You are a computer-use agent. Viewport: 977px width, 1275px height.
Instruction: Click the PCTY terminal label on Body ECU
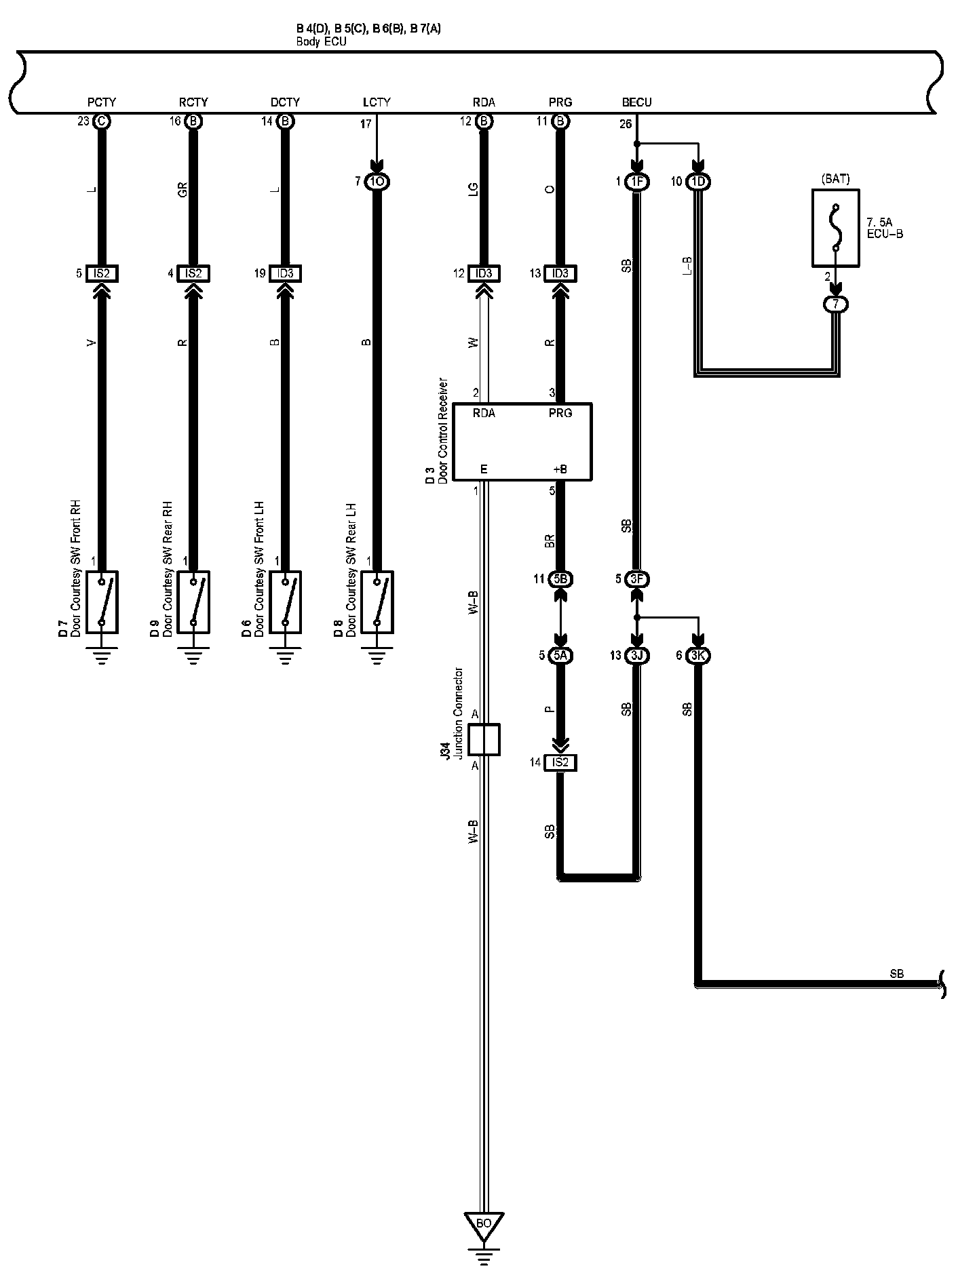102,102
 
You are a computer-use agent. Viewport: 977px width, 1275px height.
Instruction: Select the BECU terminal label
636,102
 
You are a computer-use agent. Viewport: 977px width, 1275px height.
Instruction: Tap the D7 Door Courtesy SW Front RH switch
102,602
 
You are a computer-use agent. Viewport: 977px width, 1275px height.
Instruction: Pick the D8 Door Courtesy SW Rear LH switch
377,602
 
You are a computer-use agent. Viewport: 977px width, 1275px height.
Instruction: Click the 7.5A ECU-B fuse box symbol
836,227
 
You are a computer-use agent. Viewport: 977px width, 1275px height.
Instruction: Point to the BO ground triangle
484,1224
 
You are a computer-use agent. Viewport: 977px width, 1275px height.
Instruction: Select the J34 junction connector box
484,739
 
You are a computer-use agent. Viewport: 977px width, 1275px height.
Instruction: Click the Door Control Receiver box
522,442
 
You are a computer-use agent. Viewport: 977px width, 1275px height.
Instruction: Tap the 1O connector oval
377,182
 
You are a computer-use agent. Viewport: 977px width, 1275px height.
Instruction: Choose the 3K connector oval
697,656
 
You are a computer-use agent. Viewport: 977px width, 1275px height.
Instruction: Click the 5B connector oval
562,579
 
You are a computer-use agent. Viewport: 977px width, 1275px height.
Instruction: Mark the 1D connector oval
697,182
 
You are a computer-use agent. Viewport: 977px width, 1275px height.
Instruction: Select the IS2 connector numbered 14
560,763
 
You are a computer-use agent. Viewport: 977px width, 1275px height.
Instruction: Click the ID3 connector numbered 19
285,273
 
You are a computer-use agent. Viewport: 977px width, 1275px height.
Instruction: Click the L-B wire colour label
686,267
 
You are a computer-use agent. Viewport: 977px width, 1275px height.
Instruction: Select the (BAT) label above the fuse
835,180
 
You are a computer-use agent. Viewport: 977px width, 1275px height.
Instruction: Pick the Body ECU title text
321,41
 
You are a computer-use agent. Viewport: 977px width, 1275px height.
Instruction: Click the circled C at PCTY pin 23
102,121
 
